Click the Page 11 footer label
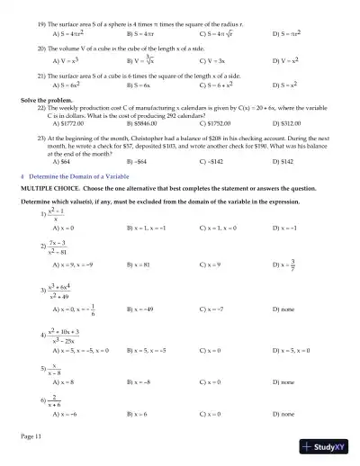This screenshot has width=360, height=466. pyautogui.click(x=31, y=435)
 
